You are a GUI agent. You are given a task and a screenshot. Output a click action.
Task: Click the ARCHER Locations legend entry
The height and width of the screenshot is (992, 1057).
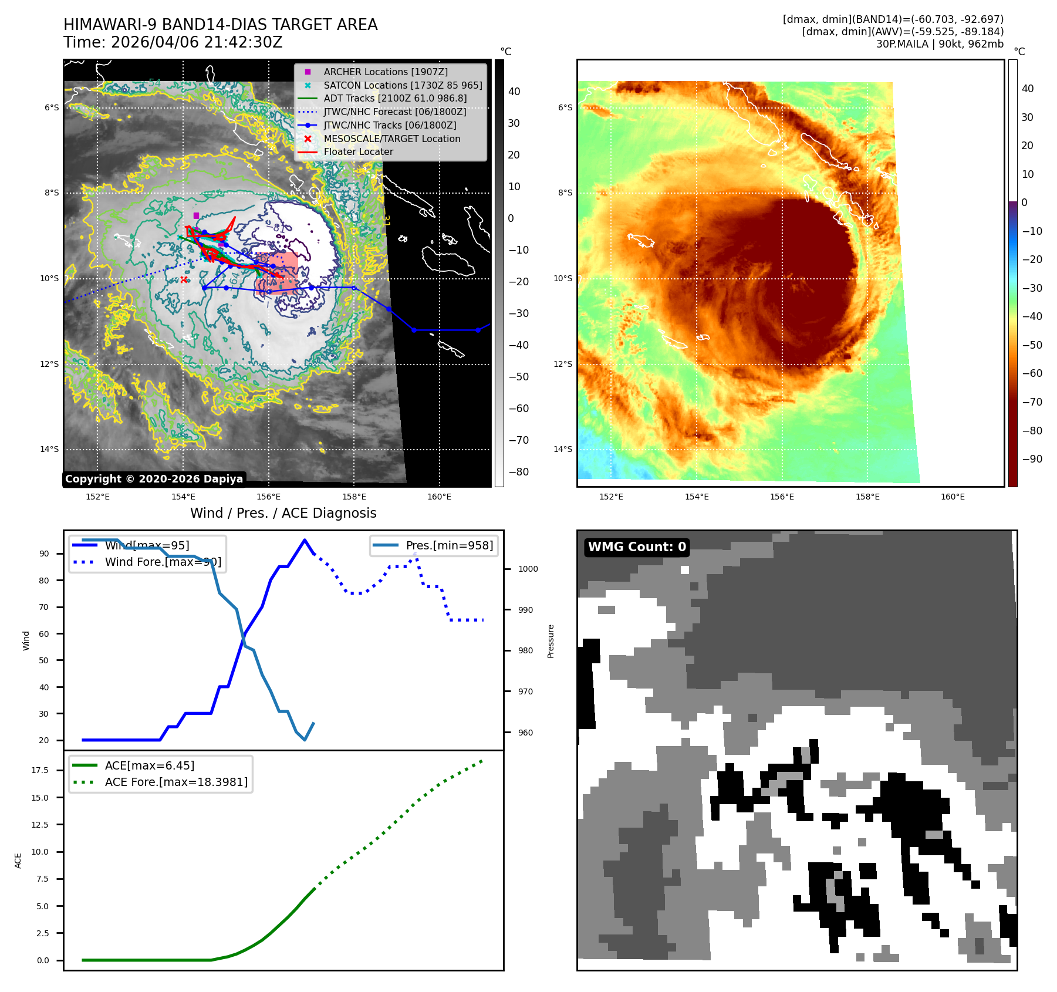tap(385, 72)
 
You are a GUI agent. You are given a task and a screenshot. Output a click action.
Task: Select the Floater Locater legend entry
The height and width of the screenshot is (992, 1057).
tap(358, 152)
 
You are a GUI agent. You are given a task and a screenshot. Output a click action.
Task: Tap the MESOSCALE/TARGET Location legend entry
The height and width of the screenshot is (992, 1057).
tap(391, 139)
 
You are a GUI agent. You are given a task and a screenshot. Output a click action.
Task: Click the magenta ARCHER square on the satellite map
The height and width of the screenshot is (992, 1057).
tap(196, 215)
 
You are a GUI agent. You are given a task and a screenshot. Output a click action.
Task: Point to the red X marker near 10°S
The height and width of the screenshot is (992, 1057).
tap(184, 280)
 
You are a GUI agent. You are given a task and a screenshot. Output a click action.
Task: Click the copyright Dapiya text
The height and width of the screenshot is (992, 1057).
tap(154, 479)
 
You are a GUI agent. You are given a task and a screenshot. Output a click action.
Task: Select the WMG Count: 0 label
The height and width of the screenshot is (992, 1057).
tap(637, 547)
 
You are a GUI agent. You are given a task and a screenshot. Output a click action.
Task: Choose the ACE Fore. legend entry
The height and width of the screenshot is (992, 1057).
tap(176, 782)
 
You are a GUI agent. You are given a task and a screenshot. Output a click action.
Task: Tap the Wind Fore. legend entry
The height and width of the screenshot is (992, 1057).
tap(163, 562)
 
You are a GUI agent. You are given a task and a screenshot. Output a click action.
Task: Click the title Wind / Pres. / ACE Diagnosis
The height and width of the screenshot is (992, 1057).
tap(283, 514)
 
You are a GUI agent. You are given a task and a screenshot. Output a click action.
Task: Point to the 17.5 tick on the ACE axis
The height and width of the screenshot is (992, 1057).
tap(40, 770)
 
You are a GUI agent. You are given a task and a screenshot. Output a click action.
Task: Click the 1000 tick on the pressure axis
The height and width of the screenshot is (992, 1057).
tap(528, 569)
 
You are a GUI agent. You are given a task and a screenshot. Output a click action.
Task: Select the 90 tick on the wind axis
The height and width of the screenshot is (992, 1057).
tap(44, 554)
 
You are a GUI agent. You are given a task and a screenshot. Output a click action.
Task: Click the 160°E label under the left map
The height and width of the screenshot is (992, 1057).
tap(439, 497)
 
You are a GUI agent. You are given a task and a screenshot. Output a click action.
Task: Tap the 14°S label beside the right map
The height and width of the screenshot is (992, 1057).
tap(563, 450)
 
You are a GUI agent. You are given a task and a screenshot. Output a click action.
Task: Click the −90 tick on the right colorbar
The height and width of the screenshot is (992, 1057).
tap(1032, 459)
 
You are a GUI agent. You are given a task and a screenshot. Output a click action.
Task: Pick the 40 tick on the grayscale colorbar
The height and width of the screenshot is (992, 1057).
tap(514, 92)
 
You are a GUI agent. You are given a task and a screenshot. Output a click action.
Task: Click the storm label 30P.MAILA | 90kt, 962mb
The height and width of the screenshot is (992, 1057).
tap(940, 44)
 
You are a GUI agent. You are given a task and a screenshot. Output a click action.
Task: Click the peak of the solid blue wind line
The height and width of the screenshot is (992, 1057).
tap(304, 540)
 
